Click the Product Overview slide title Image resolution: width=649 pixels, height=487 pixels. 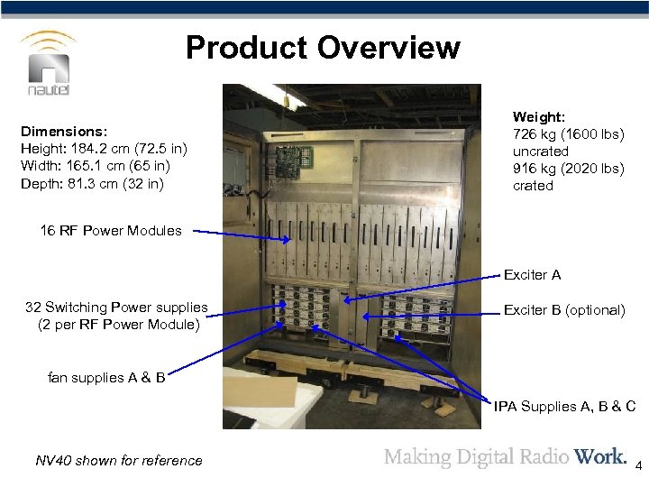[x=323, y=48]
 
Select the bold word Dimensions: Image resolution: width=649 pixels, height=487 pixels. [x=64, y=131]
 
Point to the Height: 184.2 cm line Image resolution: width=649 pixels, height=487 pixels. [x=103, y=149]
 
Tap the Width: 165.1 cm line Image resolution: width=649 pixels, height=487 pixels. [x=96, y=166]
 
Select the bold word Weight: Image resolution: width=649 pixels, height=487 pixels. [x=539, y=117]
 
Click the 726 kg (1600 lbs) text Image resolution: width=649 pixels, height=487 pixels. [x=568, y=134]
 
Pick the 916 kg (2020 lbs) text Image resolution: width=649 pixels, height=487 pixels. [x=568, y=169]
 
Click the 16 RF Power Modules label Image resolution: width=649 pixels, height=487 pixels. [x=110, y=230]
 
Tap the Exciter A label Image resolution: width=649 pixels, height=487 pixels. [x=532, y=274]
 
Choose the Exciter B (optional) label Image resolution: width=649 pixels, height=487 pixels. [x=564, y=309]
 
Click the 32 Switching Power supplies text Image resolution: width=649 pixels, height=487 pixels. [x=117, y=308]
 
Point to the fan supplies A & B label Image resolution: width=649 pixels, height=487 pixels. [x=106, y=377]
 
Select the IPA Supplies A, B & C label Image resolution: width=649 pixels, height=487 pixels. [x=564, y=406]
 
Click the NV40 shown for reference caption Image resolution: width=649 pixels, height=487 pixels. [x=119, y=461]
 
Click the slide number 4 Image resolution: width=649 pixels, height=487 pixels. [x=638, y=467]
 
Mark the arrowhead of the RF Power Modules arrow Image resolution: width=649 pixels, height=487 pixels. [x=289, y=240]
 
